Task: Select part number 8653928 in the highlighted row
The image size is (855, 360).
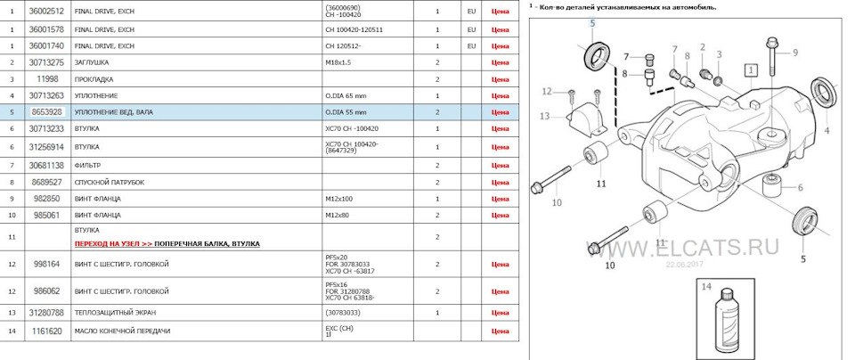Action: (x=47, y=112)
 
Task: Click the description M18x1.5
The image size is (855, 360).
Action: (x=339, y=62)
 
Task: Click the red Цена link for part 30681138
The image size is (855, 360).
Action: (x=500, y=165)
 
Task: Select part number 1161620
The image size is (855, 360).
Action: (x=47, y=331)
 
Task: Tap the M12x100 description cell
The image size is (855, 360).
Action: (x=339, y=198)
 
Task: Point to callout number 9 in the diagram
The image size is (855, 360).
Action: (x=795, y=53)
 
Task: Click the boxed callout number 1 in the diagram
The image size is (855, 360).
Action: (x=752, y=69)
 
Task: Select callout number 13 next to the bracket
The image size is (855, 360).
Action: (x=544, y=116)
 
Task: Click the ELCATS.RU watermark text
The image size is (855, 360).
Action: (x=696, y=246)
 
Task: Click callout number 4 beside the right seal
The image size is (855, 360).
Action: (x=826, y=130)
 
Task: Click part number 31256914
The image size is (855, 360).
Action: (x=47, y=146)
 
